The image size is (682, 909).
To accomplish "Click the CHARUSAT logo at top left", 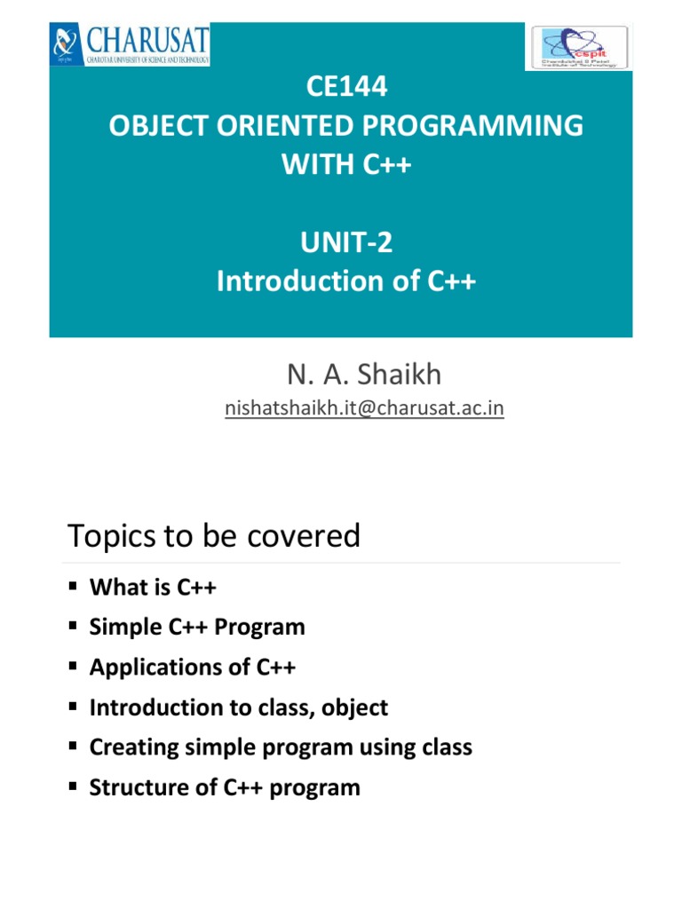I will pyautogui.click(x=130, y=45).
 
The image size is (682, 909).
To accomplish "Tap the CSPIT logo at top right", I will pyautogui.click(x=578, y=47).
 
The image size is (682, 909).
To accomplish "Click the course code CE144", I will pyautogui.click(x=345, y=89).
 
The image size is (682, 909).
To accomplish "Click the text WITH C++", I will pyautogui.click(x=345, y=164).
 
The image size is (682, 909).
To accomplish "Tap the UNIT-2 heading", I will pyautogui.click(x=345, y=242).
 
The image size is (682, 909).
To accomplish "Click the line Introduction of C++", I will pyautogui.click(x=345, y=281).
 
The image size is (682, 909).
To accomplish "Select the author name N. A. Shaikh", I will pyautogui.click(x=363, y=375).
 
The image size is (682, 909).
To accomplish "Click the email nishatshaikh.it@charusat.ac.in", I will pyautogui.click(x=363, y=408).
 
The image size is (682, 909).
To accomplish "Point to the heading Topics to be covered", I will pyautogui.click(x=214, y=536).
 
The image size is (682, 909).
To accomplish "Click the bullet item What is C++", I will pyautogui.click(x=153, y=588).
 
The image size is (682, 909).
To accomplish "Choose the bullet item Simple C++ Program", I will pyautogui.click(x=197, y=628).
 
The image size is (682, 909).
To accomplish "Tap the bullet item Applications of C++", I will pyautogui.click(x=193, y=668).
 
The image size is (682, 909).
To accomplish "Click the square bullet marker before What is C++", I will pyautogui.click(x=73, y=588).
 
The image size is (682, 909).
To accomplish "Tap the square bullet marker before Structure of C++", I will pyautogui.click(x=73, y=787).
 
